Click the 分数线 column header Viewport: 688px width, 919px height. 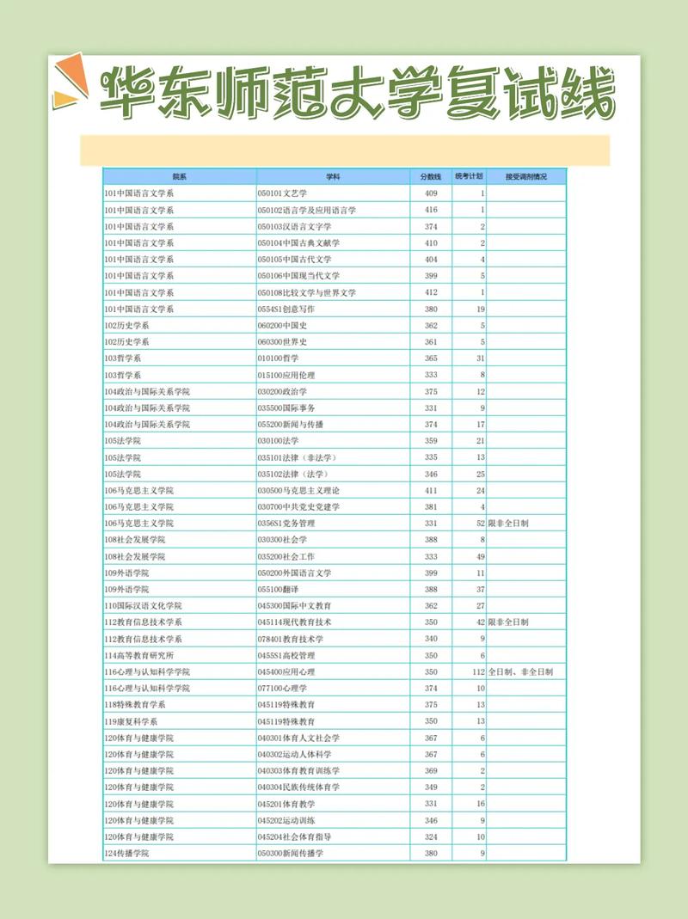pyautogui.click(x=430, y=176)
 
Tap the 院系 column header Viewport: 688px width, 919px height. pyautogui.click(x=179, y=176)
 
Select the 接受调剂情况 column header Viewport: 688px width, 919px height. pyautogui.click(x=525, y=176)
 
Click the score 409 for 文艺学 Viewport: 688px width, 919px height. pyautogui.click(x=430, y=193)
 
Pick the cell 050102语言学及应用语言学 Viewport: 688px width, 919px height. pyautogui.click(x=306, y=210)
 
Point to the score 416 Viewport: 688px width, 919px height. pyautogui.click(x=430, y=210)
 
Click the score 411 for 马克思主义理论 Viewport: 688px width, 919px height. pyautogui.click(x=430, y=490)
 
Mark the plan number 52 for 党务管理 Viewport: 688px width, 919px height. pyautogui.click(x=481, y=523)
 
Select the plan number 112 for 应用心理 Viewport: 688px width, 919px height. pyautogui.click(x=479, y=671)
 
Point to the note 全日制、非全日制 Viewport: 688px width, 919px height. pyautogui.click(x=520, y=671)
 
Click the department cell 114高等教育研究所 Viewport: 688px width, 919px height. pyautogui.click(x=138, y=655)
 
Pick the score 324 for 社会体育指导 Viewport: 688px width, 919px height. pyautogui.click(x=430, y=836)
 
